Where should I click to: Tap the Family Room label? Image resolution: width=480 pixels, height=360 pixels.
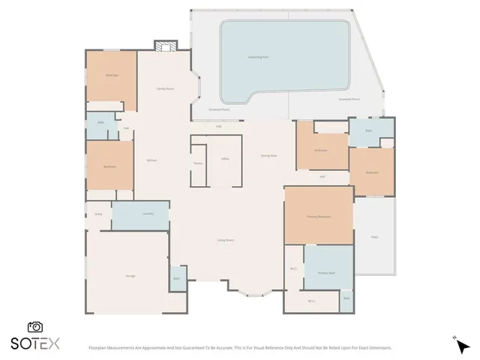click(165, 88)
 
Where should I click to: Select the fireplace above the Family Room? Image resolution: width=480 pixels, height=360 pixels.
click(164, 46)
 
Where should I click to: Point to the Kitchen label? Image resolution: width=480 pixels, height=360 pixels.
click(151, 160)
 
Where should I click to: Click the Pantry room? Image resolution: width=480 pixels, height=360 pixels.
click(198, 162)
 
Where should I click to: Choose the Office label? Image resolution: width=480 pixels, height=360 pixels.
click(224, 160)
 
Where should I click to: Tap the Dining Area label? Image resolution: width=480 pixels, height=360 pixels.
click(268, 155)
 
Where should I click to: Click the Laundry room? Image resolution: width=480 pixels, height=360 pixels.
click(148, 214)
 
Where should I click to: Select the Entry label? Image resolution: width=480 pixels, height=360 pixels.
click(98, 214)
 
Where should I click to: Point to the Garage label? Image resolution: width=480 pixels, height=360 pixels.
click(130, 277)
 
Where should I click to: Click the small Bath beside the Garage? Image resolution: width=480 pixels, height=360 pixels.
click(176, 278)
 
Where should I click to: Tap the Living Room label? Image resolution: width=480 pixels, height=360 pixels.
click(225, 240)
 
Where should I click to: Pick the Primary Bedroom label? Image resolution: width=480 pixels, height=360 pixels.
click(319, 216)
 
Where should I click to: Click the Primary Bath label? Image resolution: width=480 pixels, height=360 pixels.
click(328, 273)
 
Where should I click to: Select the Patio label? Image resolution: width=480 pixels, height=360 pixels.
click(373, 236)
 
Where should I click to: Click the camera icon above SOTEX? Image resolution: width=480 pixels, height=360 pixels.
click(34, 327)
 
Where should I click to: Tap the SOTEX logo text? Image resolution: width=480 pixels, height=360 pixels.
click(34, 344)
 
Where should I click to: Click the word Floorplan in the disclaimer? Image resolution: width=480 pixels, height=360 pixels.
click(100, 348)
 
